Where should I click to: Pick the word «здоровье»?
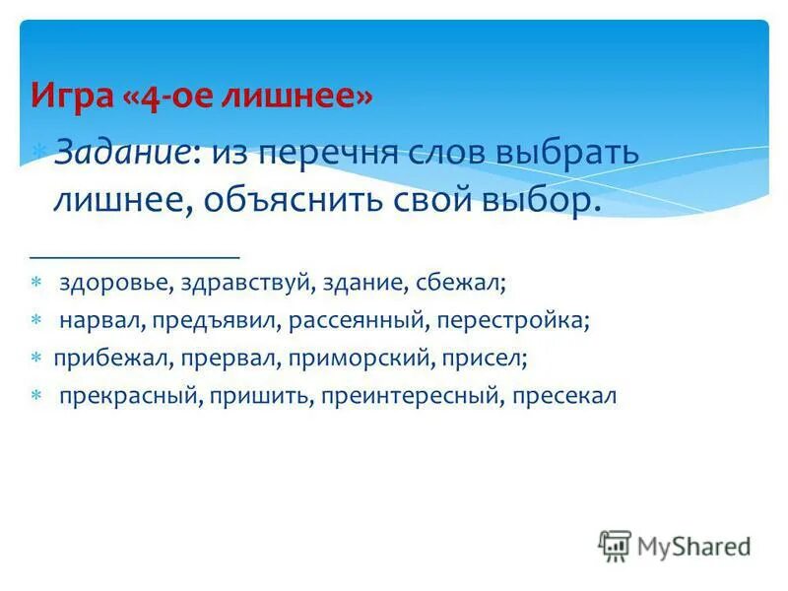click(113, 283)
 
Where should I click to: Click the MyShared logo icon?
click(615, 546)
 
